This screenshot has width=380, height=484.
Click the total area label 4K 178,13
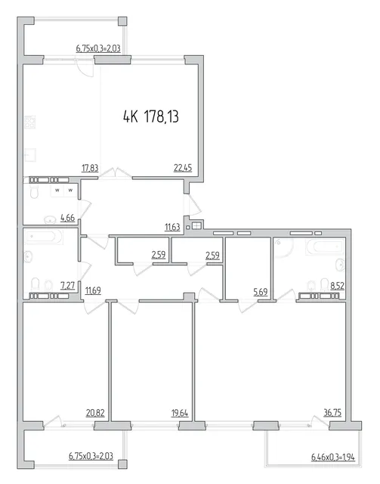click(151, 117)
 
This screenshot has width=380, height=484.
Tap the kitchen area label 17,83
click(90, 168)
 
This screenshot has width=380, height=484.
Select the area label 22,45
click(183, 168)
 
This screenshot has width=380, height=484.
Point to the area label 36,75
click(332, 413)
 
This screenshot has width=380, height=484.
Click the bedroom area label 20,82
click(96, 413)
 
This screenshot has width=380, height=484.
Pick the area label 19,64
click(180, 413)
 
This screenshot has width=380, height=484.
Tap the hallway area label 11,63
click(172, 228)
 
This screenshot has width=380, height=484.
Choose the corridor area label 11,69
click(93, 290)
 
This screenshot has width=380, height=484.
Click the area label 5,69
click(261, 292)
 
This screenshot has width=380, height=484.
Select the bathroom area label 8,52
click(338, 286)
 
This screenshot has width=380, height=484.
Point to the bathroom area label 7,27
click(68, 286)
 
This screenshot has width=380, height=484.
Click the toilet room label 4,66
click(68, 218)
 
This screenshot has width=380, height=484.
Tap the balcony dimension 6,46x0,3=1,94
click(333, 457)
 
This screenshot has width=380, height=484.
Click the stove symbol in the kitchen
click(30, 122)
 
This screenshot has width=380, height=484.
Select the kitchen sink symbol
click(30, 155)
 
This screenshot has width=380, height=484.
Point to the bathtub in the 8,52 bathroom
click(324, 247)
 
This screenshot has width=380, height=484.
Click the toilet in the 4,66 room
click(34, 191)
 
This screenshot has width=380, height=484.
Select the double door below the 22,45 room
click(116, 173)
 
